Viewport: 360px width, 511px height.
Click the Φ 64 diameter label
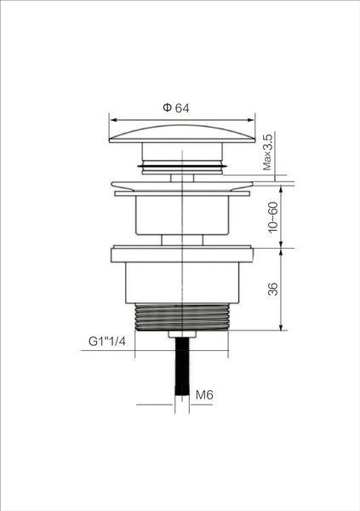click(x=176, y=108)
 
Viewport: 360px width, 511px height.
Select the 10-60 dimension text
click(x=273, y=217)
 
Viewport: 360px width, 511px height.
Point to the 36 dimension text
click(x=273, y=289)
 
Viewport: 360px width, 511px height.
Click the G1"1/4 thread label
click(x=107, y=342)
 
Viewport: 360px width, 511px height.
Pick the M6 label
click(x=204, y=395)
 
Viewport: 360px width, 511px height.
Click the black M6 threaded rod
click(x=182, y=366)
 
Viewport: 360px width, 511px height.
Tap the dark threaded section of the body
click(x=182, y=318)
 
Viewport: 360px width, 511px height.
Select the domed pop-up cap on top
click(x=182, y=134)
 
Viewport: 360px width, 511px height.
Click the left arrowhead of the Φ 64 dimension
click(x=113, y=120)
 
